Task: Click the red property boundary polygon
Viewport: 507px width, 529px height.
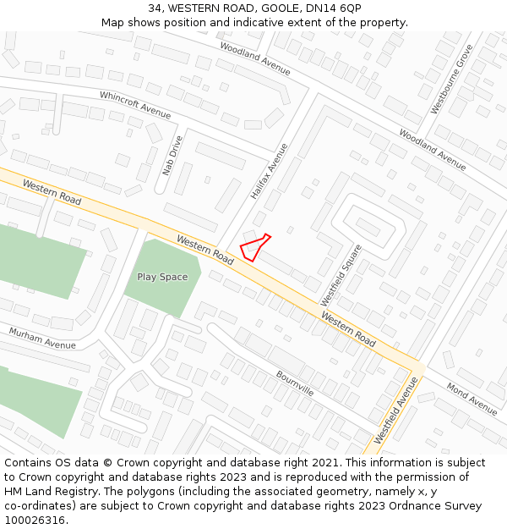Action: point(253,246)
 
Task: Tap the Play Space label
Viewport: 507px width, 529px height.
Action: point(162,277)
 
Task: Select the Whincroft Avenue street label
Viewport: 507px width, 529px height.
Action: point(135,105)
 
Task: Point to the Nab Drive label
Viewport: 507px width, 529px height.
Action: point(172,155)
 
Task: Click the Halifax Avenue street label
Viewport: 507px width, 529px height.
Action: point(269,171)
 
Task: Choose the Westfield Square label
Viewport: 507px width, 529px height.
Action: point(341,275)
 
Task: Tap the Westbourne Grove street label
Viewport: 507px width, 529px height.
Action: point(451,80)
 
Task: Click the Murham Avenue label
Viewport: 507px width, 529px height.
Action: point(42,338)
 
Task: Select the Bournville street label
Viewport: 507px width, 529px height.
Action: point(294,383)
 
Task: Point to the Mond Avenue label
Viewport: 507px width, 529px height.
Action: point(472,399)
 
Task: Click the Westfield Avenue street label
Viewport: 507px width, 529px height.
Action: point(396,411)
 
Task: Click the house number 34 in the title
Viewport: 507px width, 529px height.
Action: point(154,8)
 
